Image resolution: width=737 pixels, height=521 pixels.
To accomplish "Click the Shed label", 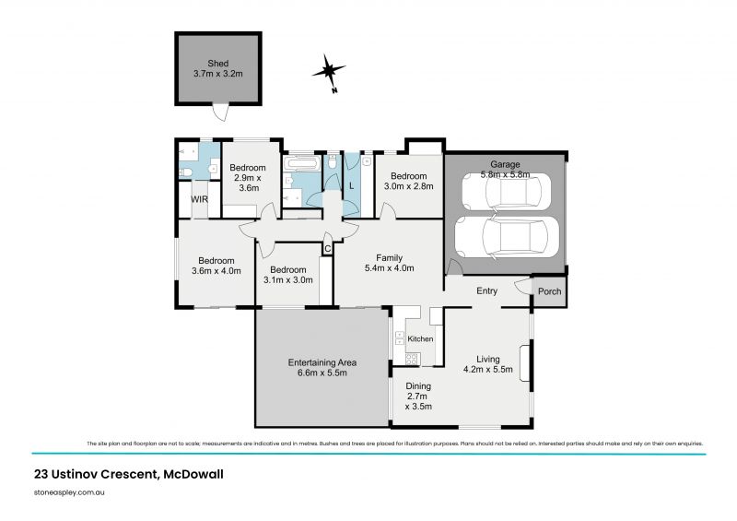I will (217, 69).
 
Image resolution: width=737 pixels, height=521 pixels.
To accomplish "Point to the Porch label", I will (549, 291).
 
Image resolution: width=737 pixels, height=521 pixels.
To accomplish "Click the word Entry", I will (486, 291).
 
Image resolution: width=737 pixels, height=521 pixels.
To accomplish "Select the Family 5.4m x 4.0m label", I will (390, 263).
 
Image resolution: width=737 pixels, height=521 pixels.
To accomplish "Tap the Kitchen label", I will (419, 338).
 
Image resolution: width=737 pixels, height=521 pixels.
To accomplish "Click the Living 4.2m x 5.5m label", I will (486, 364).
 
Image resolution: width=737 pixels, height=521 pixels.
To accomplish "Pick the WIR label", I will (199, 198).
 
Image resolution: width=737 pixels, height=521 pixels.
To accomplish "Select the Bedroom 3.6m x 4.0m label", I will (214, 266).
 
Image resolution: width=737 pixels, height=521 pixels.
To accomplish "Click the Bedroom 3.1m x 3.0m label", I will (288, 275).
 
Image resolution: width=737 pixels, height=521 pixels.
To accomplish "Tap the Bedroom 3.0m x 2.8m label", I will (408, 181).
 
